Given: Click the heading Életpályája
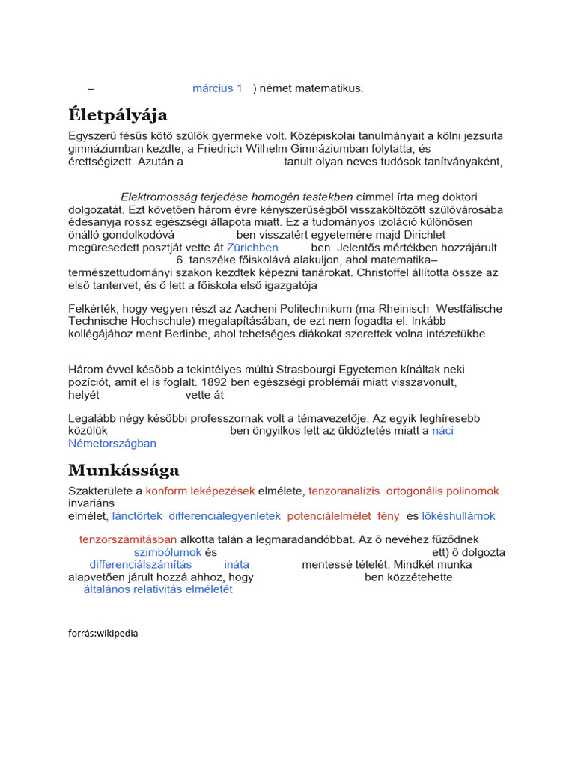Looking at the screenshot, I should (118, 115).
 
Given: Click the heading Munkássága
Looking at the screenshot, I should (124, 471).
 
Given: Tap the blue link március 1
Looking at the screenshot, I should (217, 88).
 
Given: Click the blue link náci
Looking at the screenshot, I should (442, 431).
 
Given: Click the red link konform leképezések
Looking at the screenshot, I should (200, 491).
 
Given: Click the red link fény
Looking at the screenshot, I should (389, 516).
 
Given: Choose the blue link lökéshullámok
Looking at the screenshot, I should (459, 516).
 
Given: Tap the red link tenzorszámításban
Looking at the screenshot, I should (128, 539).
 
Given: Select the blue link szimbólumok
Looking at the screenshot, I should (168, 552).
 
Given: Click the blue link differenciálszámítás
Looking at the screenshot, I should (140, 565).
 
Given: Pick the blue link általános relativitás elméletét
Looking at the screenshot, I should (158, 589).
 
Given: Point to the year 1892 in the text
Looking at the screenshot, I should (213, 382).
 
